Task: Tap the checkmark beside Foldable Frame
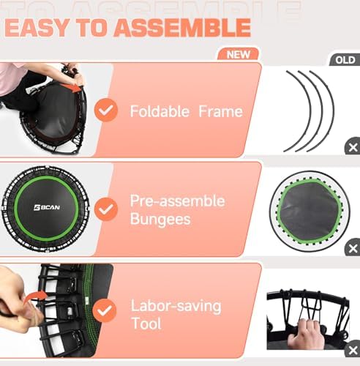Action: tap(107, 111)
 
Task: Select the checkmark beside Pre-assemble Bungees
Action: tap(107, 209)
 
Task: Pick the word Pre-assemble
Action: tap(177, 201)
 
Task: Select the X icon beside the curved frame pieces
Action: tap(352, 147)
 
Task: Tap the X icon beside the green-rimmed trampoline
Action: tap(352, 249)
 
